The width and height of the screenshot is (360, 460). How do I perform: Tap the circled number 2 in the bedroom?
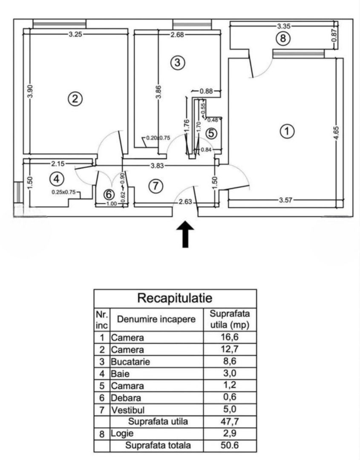click(x=75, y=99)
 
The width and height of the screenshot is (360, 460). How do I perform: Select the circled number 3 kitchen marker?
click(x=178, y=63)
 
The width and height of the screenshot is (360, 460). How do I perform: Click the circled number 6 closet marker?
click(x=109, y=194)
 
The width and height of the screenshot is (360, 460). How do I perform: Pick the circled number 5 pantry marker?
click(x=211, y=133)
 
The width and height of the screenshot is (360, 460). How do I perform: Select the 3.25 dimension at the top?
click(x=76, y=35)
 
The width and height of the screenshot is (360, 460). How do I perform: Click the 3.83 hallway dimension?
click(x=161, y=166)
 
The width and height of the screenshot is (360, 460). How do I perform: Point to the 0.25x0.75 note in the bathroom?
click(x=63, y=192)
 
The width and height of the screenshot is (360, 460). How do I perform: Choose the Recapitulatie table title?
click(x=175, y=298)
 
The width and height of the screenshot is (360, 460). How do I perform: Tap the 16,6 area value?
click(x=230, y=338)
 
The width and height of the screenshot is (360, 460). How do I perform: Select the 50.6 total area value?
click(x=230, y=446)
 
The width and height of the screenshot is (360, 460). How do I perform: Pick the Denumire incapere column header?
click(x=156, y=319)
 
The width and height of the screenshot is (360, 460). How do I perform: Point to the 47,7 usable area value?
click(x=230, y=422)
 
